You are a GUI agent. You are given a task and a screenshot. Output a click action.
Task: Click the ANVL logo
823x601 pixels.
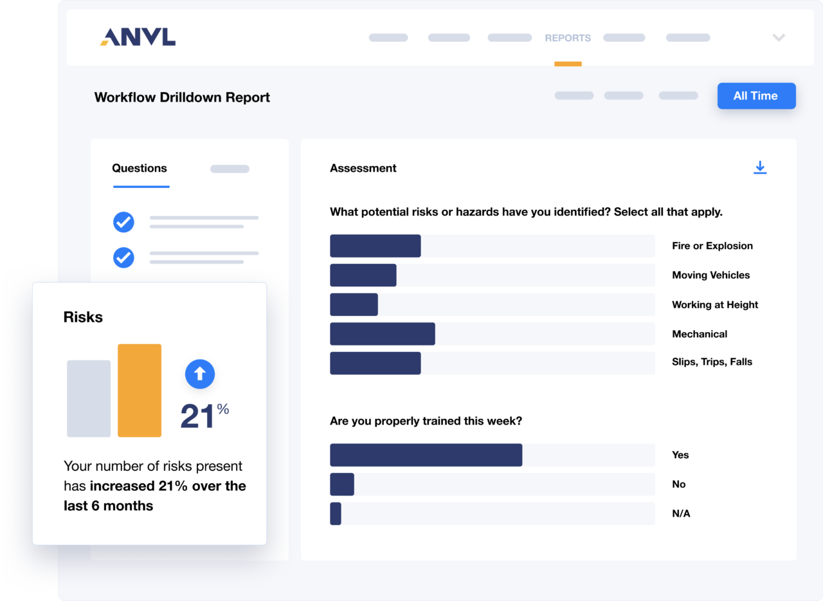138,37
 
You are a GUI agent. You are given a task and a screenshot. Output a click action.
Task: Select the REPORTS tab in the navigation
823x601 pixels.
568,38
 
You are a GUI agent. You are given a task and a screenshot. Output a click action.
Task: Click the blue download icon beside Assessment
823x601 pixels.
760,168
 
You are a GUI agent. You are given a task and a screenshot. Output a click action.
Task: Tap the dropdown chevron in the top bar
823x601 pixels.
779,38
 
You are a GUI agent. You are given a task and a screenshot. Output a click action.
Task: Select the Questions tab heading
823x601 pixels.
140,169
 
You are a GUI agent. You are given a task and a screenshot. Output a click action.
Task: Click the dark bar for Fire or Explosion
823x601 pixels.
375,246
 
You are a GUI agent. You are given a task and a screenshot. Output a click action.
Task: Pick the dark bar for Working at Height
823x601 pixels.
354,304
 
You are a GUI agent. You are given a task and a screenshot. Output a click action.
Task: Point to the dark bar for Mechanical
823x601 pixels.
383,334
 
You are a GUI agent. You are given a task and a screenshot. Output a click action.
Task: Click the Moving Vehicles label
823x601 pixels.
710,275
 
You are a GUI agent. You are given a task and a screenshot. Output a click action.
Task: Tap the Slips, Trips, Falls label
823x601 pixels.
712,362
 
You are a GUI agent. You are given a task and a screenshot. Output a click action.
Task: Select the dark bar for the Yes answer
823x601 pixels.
426,455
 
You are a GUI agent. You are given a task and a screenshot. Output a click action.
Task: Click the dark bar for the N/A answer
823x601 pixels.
336,513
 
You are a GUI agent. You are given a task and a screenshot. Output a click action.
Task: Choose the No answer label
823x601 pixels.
678,484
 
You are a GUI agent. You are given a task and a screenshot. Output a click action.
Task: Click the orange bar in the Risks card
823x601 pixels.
140,391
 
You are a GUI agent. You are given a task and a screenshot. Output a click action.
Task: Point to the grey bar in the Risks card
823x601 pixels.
89,398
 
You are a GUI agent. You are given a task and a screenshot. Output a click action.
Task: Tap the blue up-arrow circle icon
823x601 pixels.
200,373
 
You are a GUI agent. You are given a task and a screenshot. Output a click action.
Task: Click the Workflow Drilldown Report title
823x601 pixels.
182,98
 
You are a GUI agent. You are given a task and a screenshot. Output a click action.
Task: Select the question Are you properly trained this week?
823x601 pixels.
426,421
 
